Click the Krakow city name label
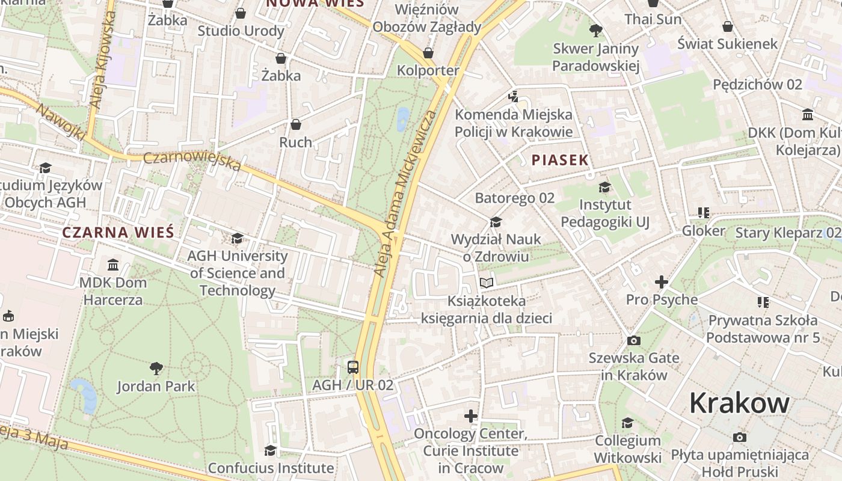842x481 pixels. [x=739, y=403]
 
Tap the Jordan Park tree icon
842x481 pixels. [x=156, y=367]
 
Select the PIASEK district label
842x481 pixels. [x=560, y=160]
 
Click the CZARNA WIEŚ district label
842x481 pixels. [x=118, y=232]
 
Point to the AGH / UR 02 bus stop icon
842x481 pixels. [x=353, y=367]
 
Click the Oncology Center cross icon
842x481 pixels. [x=471, y=415]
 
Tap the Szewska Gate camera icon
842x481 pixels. [x=633, y=340]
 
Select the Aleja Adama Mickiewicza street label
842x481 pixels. [x=405, y=194]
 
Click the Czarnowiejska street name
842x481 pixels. [x=192, y=161]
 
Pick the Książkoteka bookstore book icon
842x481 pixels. [x=487, y=282]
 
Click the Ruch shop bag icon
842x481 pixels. [x=296, y=124]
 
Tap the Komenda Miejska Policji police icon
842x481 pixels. [x=513, y=96]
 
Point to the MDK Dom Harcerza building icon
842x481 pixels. [x=112, y=265]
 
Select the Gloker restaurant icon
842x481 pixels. [x=704, y=212]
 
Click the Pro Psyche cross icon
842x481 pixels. [x=662, y=281]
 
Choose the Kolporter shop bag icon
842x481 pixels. [x=428, y=53]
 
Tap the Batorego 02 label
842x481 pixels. [x=514, y=198]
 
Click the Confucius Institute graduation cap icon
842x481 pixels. [x=271, y=450]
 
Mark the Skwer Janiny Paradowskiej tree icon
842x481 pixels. [x=596, y=30]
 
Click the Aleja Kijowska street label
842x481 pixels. [x=102, y=60]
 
